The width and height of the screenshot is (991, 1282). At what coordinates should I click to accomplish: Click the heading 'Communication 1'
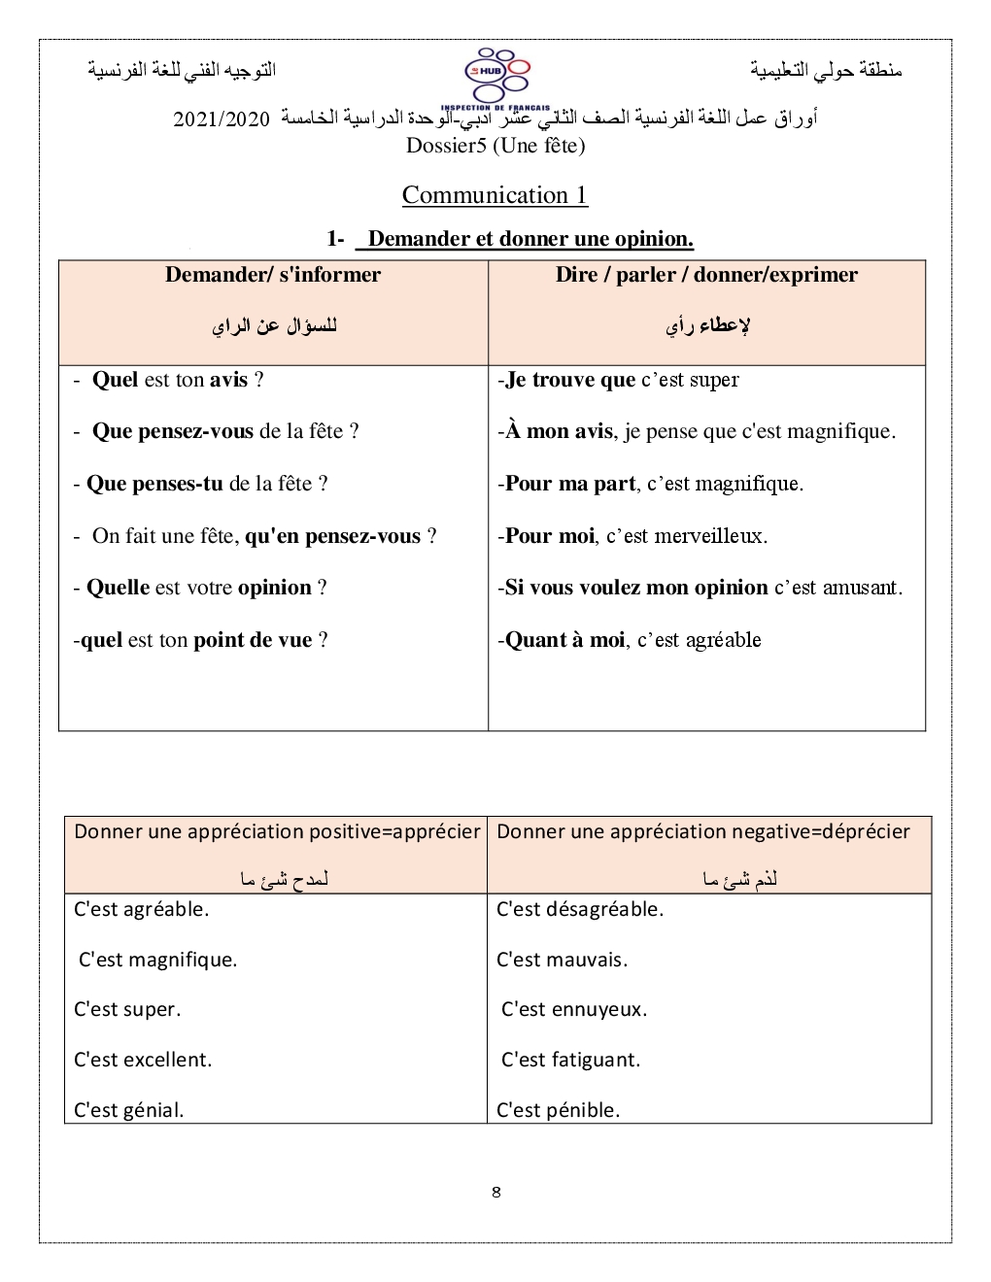point(495,195)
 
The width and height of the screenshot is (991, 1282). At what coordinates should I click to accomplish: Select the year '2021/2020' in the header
point(222,119)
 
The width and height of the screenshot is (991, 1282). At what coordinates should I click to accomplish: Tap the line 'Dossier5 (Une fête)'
point(495,146)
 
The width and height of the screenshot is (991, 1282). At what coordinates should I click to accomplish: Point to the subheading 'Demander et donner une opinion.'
point(530,239)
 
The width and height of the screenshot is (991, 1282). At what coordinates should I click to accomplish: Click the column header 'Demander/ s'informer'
point(273,275)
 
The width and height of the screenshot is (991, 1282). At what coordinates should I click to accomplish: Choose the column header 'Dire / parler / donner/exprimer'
point(706,275)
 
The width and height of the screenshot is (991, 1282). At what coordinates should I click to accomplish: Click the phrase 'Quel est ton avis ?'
point(177,380)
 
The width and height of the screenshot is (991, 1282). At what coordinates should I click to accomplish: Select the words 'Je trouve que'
point(570,380)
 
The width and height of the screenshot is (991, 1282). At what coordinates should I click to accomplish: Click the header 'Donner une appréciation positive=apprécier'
point(277,831)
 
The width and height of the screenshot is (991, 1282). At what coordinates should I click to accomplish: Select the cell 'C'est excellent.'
point(143,1060)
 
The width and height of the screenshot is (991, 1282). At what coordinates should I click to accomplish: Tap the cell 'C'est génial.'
point(129,1110)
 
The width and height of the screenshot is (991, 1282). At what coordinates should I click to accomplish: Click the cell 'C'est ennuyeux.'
point(574,1009)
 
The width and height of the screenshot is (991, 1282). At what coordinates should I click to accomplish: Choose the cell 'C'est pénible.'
point(558,1110)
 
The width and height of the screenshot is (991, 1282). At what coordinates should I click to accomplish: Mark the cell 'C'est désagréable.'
point(580,909)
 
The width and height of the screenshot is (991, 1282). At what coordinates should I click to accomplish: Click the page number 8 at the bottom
point(496,1193)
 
